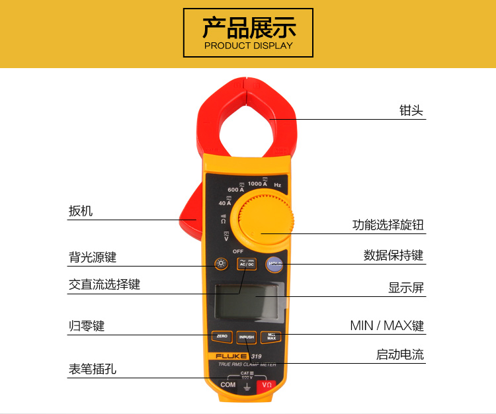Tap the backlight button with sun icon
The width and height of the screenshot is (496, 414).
tap(221, 265)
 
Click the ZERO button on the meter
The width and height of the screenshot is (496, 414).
tap(222, 337)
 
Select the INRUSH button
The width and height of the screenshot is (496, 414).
tap(246, 337)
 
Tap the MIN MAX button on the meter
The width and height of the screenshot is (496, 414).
tap(271, 337)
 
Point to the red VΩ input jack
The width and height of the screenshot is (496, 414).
tap(267, 385)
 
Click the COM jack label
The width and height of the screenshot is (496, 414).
tap(228, 385)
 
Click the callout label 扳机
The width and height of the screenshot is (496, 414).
tap(81, 211)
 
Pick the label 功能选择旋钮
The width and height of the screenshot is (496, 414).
tap(388, 225)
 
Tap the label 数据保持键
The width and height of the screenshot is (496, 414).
tap(393, 255)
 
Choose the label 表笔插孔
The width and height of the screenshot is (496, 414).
tap(93, 369)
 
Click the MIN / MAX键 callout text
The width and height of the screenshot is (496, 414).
tap(387, 325)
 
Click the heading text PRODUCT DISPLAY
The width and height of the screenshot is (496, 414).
tap(248, 46)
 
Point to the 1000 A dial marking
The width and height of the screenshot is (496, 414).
tap(257, 183)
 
